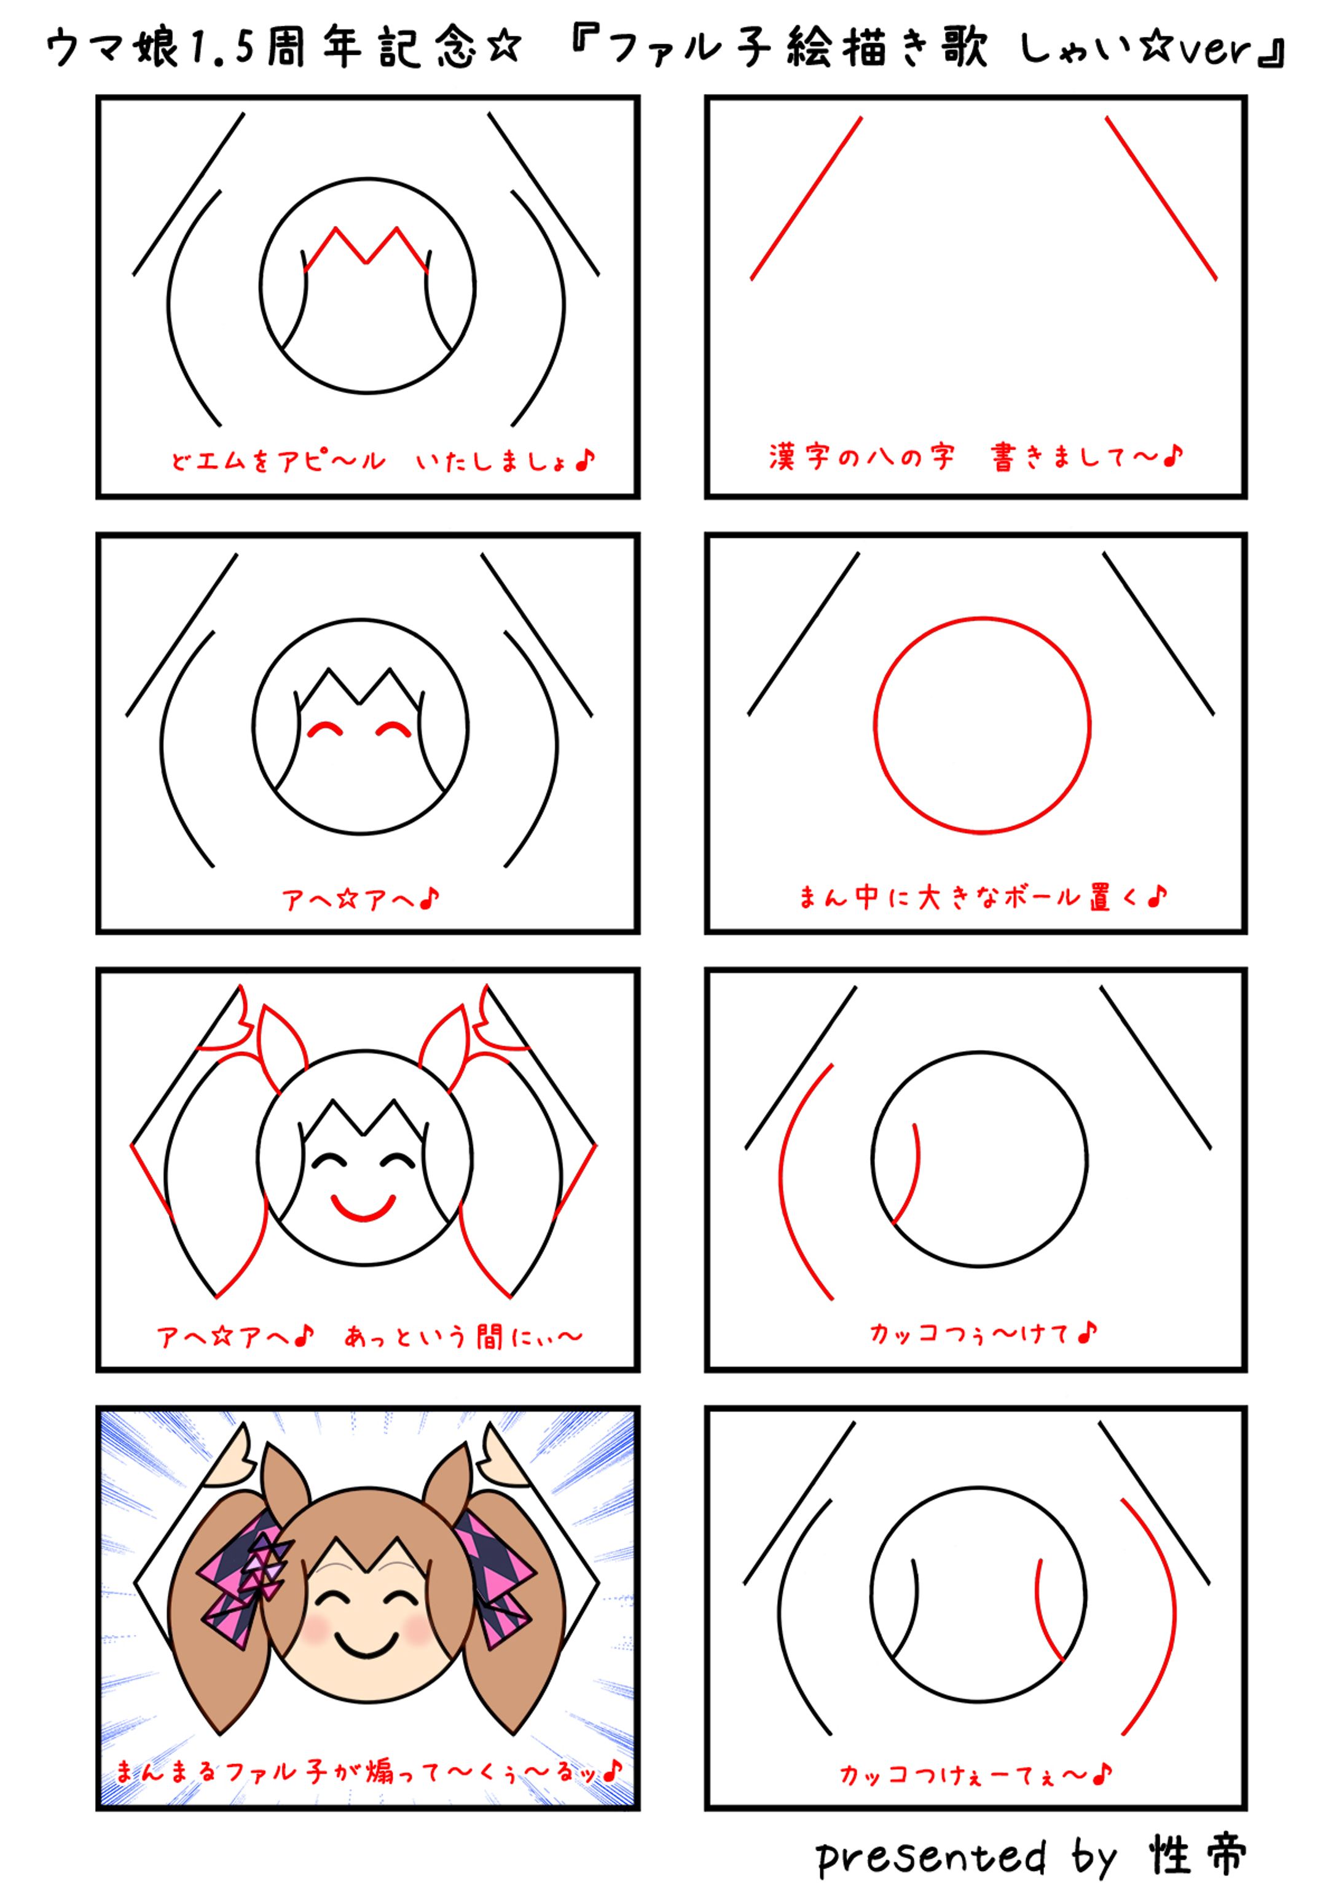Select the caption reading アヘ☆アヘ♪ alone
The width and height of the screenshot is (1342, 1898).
tap(361, 898)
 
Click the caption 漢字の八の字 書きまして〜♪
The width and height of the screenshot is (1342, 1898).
tap(976, 457)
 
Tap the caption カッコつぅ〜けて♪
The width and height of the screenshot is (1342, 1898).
tap(983, 1333)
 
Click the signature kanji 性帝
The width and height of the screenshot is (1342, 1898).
tap(1196, 1855)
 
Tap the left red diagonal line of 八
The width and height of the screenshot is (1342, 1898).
tap(806, 198)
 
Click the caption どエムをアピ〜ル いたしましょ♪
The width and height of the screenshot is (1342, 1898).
tap(382, 460)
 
